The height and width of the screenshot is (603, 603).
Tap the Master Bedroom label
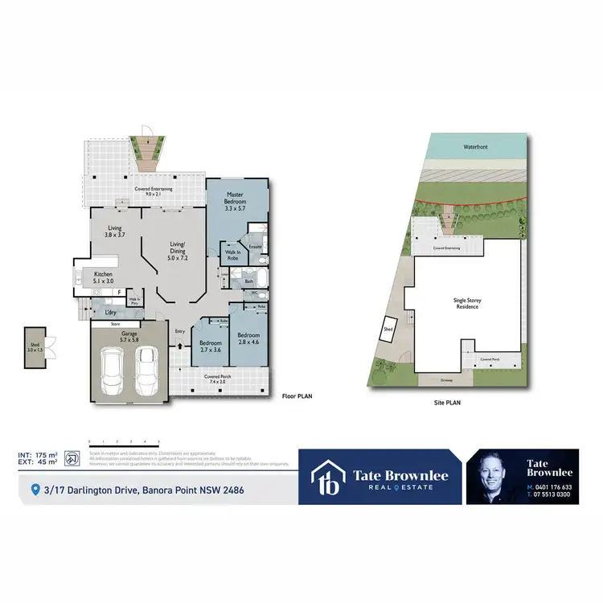[x=235, y=200]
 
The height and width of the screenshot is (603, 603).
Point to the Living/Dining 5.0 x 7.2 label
[x=178, y=250]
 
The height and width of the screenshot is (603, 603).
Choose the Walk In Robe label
[x=233, y=255]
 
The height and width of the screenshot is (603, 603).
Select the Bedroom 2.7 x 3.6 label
[x=210, y=347]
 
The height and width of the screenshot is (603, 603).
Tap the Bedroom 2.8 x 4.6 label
[x=248, y=338]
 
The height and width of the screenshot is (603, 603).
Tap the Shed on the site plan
[x=388, y=329]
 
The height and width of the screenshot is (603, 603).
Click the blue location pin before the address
[x=35, y=489]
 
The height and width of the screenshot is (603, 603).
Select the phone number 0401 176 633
[x=552, y=486]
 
